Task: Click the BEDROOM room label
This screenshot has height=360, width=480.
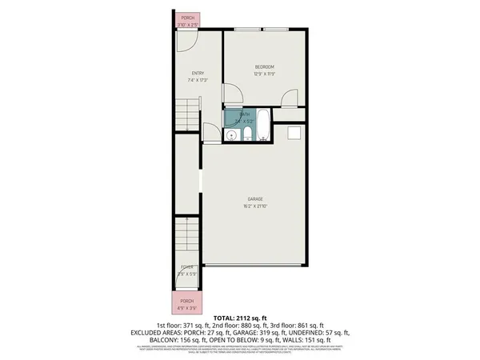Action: (265, 66)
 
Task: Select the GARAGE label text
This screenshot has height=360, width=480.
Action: (255, 198)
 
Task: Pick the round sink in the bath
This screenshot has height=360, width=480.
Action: (231, 134)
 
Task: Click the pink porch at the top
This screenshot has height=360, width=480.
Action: (187, 21)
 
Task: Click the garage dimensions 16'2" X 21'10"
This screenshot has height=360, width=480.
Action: (255, 206)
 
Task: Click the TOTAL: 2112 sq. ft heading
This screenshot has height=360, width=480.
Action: (240, 318)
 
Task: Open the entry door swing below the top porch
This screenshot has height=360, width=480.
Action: (186, 44)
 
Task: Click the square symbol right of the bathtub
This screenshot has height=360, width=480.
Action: (294, 133)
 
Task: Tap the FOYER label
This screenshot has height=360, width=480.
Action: (186, 266)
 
